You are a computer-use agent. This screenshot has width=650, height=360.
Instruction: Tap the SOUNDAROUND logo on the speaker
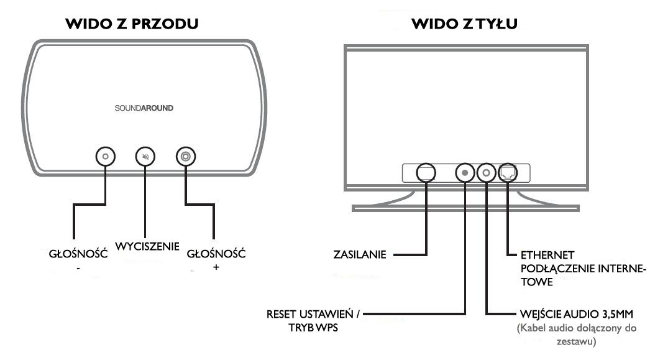144,108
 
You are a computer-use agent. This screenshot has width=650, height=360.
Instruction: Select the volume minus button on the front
105,157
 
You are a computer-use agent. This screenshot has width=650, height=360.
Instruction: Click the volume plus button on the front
185,157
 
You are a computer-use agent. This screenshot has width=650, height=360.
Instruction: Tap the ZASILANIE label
360,254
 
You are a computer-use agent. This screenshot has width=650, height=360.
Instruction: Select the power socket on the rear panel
426,172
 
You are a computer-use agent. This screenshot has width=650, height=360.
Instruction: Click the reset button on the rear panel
465,172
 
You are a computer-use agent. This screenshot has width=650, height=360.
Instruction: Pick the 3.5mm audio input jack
487,172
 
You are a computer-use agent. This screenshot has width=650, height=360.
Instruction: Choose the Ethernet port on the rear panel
508,172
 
